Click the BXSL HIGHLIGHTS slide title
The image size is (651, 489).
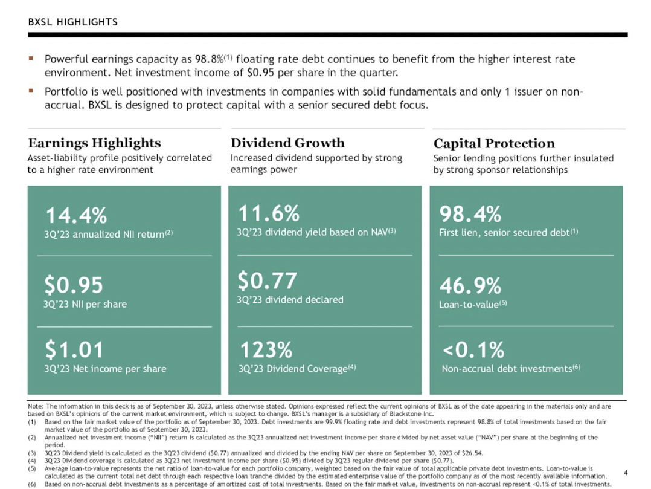pyautogui.click(x=72, y=22)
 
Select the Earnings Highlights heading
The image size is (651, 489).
pyautogui.click(x=94, y=143)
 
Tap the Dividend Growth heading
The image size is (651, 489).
pyautogui.click(x=287, y=143)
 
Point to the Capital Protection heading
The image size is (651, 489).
pyautogui.click(x=494, y=143)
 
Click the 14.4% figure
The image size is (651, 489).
pyautogui.click(x=77, y=215)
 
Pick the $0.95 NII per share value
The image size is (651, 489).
pyautogui.click(x=74, y=285)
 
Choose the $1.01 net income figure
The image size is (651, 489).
pyautogui.click(x=74, y=349)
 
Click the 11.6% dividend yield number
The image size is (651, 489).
pyautogui.click(x=269, y=213)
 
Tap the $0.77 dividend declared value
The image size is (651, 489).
pyautogui.click(x=267, y=281)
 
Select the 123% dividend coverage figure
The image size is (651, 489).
pyautogui.click(x=266, y=349)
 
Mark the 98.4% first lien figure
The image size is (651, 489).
pyautogui.click(x=470, y=214)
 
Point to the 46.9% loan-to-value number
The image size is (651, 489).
pyautogui.click(x=470, y=285)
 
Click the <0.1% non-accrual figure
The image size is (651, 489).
pyautogui.click(x=473, y=349)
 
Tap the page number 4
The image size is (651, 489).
pyautogui.click(x=625, y=472)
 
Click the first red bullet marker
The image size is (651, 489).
pyautogui.click(x=31, y=59)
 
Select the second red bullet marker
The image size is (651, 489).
pyautogui.click(x=31, y=92)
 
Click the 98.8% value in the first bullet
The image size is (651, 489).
pyautogui.click(x=209, y=59)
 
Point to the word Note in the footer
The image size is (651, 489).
pyautogui.click(x=36, y=406)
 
